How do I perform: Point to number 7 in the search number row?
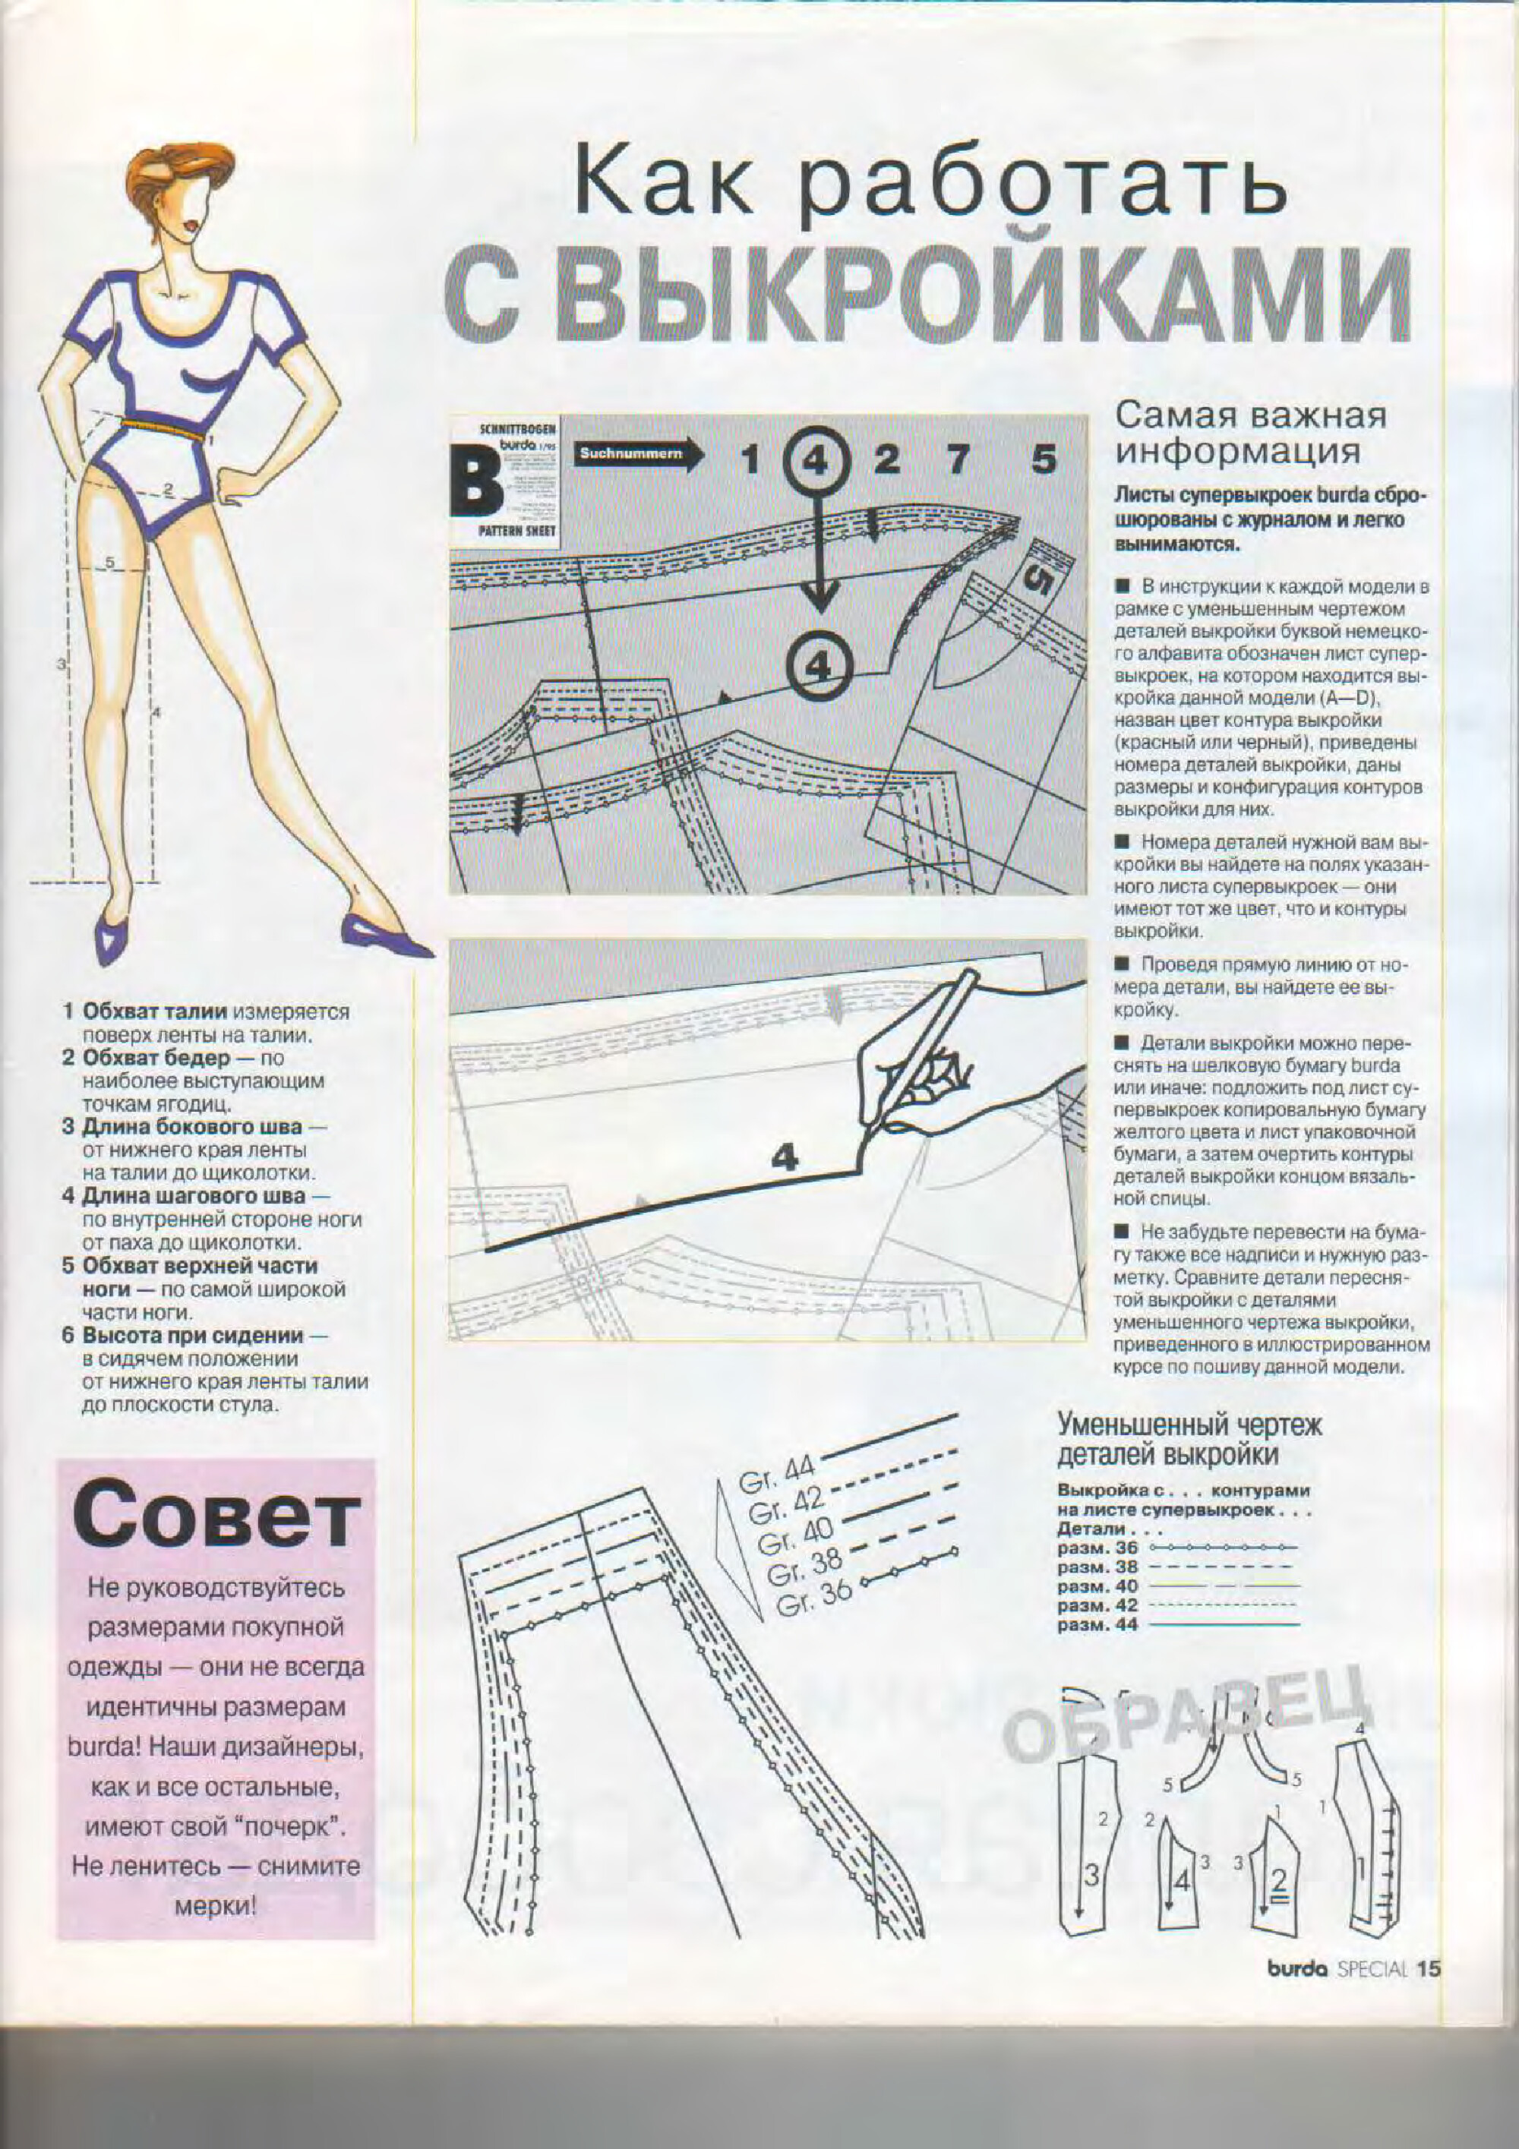click(x=956, y=459)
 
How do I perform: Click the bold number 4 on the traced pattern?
click(x=785, y=1160)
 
